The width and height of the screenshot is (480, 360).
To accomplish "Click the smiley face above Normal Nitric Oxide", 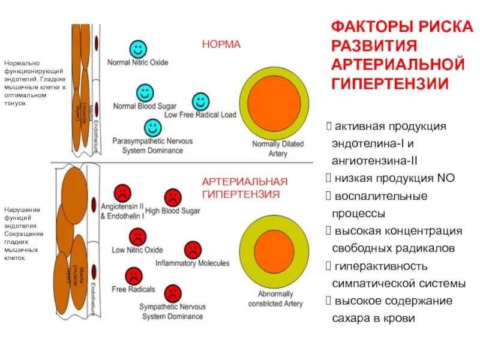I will click(137, 49).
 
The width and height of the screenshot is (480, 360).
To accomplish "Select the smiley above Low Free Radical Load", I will click(200, 101).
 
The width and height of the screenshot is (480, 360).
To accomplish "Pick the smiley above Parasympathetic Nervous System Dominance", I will click(153, 127).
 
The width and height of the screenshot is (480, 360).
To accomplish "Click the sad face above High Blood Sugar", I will click(173, 196).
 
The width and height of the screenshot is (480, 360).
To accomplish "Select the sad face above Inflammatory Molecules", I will click(193, 250).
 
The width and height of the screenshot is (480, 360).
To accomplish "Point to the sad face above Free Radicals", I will click(133, 276).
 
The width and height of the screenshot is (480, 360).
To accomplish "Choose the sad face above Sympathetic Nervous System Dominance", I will click(173, 293).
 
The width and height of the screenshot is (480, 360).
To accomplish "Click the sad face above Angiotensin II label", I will click(123, 192).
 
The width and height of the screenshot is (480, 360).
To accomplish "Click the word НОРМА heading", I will click(221, 45).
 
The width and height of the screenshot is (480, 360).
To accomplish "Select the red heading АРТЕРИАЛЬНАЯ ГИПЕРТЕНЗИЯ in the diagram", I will click(245, 188).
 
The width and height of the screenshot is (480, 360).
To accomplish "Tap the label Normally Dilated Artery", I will click(278, 149).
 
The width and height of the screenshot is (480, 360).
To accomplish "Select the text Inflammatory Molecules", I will click(192, 263).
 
